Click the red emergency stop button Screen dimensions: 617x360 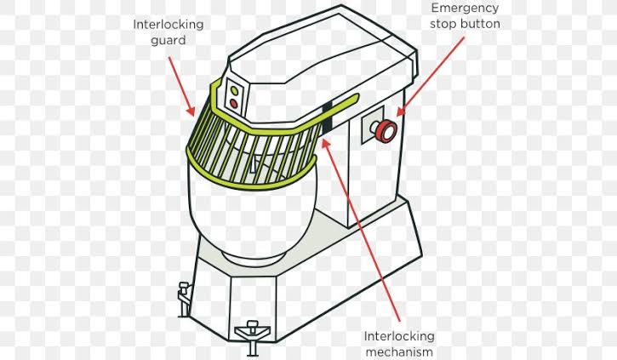tap(386, 130)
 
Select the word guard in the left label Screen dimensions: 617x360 tap(168, 41)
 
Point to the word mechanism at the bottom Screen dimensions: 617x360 tap(399, 351)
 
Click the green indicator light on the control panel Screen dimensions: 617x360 tap(235, 91)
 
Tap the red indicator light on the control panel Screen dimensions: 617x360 tap(234, 104)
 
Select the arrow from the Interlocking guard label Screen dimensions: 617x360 tap(182, 86)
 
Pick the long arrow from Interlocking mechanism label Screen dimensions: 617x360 tap(361, 230)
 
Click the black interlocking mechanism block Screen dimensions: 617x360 tap(328, 118)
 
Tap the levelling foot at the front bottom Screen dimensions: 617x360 tap(252, 337)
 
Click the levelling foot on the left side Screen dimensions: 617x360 tap(184, 299)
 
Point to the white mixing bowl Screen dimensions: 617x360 tap(252, 213)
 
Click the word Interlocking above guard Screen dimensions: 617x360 tap(168, 25)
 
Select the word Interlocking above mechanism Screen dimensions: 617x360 tap(399, 337)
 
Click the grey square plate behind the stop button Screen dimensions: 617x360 tap(373, 125)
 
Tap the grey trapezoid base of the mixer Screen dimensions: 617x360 tap(307, 276)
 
